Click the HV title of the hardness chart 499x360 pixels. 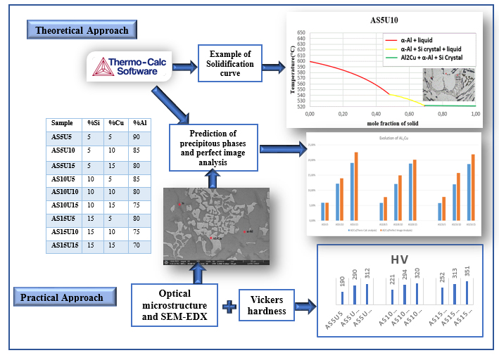click(400, 260)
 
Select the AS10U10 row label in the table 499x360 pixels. click(65, 191)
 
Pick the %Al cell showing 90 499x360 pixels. click(139, 137)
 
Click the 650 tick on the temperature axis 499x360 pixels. click(301, 32)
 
